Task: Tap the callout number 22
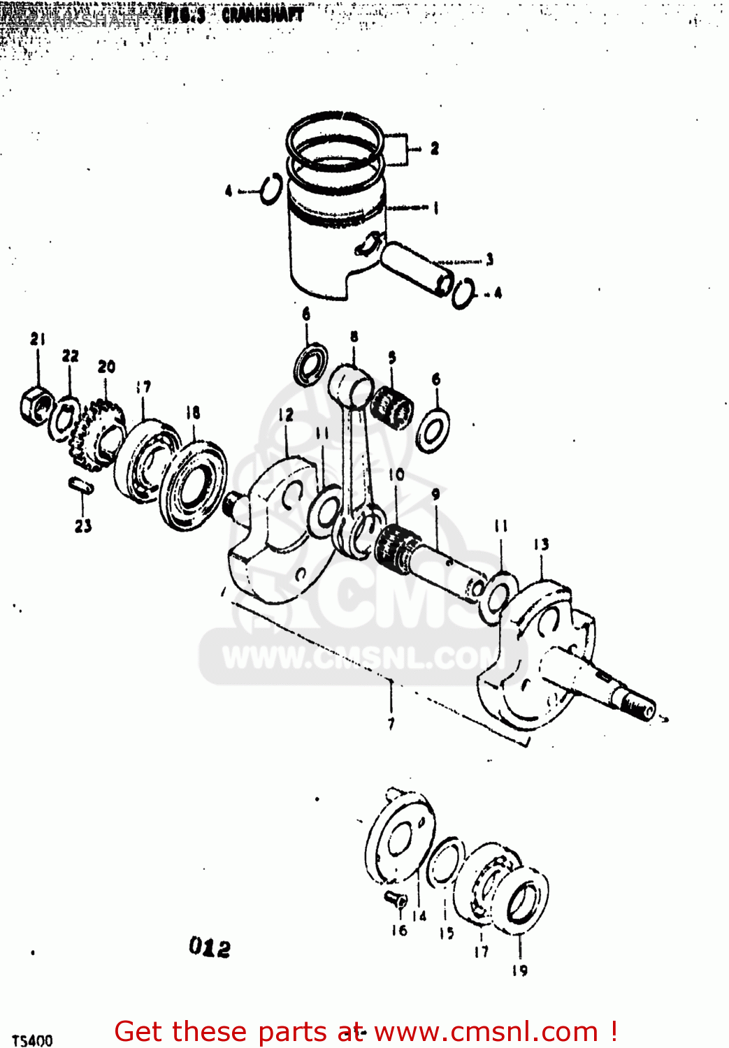[70, 356]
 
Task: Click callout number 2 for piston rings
[434, 148]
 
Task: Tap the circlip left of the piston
[270, 189]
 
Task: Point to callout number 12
[286, 415]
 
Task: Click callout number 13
[541, 544]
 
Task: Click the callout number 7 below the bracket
[391, 724]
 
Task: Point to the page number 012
[209, 948]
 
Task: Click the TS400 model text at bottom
[32, 1040]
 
